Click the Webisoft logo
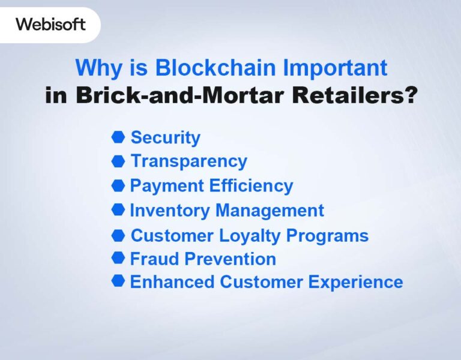[x=50, y=24]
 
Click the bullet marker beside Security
[x=118, y=137]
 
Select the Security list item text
[x=165, y=137]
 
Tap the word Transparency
[x=188, y=161]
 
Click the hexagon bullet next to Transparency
[x=118, y=161]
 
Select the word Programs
[x=333, y=236]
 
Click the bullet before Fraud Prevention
[x=118, y=259]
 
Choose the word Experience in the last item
[x=357, y=282]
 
